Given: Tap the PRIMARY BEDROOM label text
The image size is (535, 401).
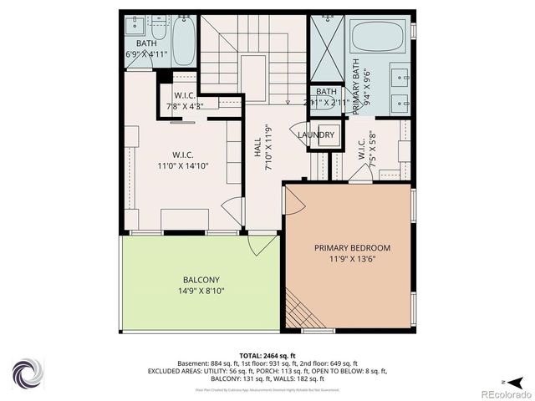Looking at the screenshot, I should (352, 248).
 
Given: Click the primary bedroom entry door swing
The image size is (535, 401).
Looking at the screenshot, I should (294, 200).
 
